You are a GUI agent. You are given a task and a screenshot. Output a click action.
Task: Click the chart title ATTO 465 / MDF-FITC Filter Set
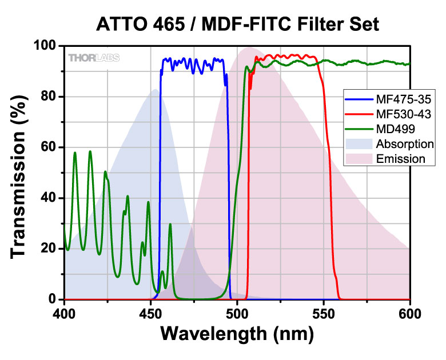237,25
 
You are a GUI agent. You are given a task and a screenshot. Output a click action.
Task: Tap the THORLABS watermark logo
90,57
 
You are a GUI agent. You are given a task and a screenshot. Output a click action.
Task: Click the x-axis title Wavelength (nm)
237,333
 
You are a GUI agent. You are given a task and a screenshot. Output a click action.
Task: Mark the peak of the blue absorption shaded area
154,90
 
